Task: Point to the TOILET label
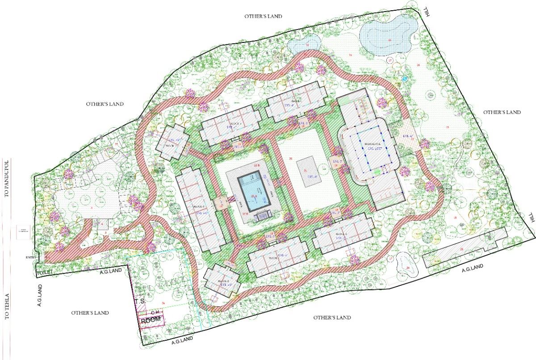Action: point(45,272)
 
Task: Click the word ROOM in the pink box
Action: point(151,321)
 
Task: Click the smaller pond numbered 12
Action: point(305,44)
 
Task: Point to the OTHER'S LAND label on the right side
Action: point(502,112)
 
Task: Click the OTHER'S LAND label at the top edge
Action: point(263,16)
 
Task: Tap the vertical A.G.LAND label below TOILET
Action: point(39,295)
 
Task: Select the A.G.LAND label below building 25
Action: point(473,267)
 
